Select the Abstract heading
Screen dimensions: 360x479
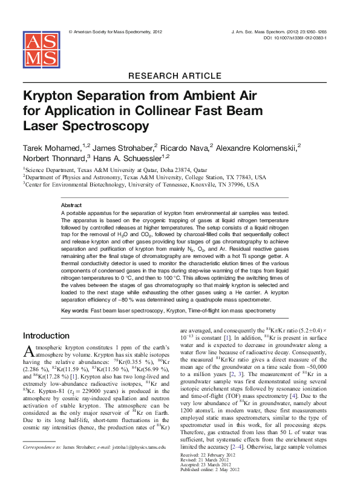(x=71, y=206)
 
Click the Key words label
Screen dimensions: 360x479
(x=74, y=311)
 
